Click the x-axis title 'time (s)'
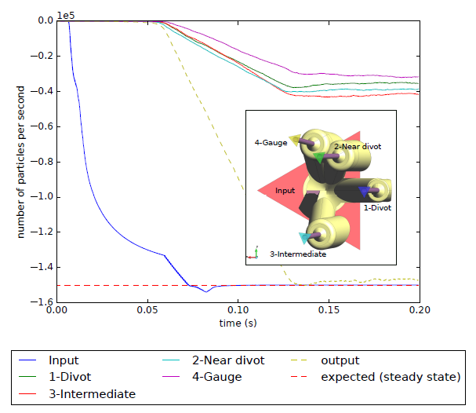(238, 323)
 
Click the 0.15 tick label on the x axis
(329, 310)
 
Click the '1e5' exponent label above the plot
(66, 13)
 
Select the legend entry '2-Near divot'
(228, 360)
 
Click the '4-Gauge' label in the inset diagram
(269, 143)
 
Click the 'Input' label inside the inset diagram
(285, 190)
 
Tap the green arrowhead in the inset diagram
(318, 157)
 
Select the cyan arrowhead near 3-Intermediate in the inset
(304, 238)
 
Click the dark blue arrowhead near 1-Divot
(364, 190)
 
